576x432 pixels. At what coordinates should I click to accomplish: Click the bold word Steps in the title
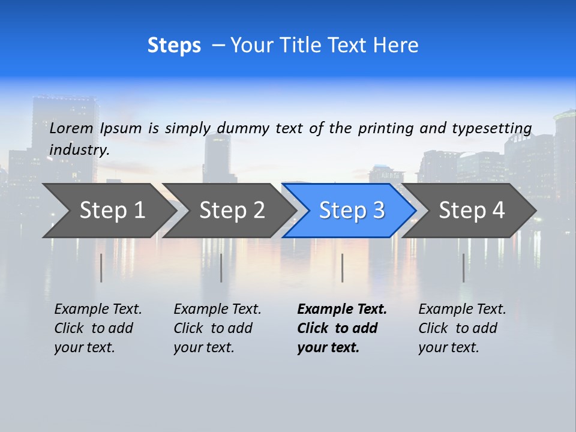coord(174,46)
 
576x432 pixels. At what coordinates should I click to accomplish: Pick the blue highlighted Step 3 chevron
coord(351,211)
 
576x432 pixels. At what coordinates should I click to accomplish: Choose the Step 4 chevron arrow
coord(471,211)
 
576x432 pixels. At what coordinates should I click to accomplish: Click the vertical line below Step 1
coord(101,268)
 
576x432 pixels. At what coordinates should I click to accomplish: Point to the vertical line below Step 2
coord(221,268)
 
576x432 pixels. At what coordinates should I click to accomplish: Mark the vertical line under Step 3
coord(342,268)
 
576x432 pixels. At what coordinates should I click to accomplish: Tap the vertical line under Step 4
coord(463,268)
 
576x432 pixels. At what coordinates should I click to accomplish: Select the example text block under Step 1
coord(98,328)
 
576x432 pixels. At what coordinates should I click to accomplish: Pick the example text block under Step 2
coord(217,328)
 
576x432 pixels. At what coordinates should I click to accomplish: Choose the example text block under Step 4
coord(462,328)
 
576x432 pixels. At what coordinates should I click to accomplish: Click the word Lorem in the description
coord(71,128)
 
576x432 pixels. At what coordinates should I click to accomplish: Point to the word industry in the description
coord(79,149)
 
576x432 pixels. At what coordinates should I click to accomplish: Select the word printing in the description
coord(386,128)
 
